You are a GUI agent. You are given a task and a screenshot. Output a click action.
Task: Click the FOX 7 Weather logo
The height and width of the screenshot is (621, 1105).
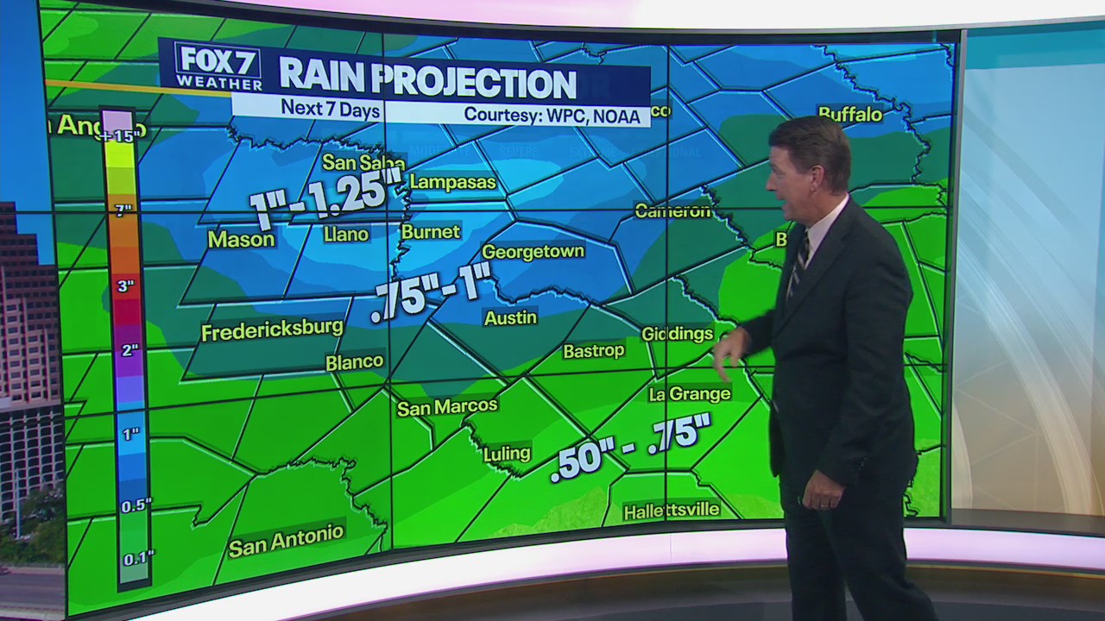coord(218,66)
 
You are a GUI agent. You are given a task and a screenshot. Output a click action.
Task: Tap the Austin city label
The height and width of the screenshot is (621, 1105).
coord(510,318)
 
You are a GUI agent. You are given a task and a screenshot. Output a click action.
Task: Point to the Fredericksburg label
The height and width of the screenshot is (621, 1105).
coord(272,330)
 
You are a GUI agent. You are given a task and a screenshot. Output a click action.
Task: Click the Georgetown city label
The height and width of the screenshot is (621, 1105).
coord(533,252)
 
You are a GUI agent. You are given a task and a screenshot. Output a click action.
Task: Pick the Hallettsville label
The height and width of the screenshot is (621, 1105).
coord(672,511)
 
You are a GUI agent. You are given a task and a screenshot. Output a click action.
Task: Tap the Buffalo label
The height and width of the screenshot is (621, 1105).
coord(849,114)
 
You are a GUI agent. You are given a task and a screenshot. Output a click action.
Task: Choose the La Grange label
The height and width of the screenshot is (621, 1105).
coord(689,394)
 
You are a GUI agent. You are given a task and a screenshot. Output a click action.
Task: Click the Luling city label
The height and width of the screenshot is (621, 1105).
coord(507,453)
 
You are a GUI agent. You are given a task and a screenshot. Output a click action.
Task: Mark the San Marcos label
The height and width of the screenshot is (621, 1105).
coord(447,406)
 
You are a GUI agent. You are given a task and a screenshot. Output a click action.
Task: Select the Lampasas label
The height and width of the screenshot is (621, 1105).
coord(452,182)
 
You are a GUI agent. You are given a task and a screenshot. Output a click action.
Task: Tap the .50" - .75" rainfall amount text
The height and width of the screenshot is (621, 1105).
coord(630,446)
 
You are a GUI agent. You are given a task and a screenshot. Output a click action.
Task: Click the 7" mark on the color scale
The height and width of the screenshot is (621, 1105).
coord(124,210)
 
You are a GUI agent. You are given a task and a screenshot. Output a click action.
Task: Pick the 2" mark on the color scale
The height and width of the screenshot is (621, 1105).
coord(129,350)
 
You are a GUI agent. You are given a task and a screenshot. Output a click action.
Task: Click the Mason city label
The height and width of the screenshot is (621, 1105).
coord(241,240)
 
